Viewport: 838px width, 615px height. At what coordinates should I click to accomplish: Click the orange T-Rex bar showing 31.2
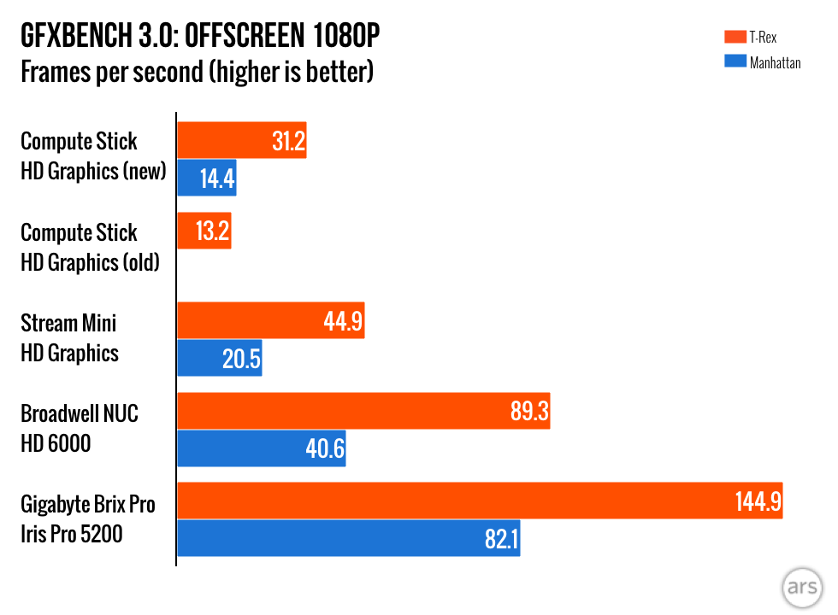pyautogui.click(x=241, y=140)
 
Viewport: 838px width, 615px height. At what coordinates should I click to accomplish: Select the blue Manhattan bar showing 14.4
pyautogui.click(x=206, y=178)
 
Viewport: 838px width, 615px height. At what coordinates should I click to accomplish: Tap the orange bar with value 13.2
pyautogui.click(x=204, y=231)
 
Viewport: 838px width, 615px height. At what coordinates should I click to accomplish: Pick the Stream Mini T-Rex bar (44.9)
pyautogui.click(x=270, y=320)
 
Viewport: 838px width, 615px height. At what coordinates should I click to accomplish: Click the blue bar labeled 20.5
pyautogui.click(x=219, y=358)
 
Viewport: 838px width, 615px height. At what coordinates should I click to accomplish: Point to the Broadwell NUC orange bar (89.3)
pyautogui.click(x=363, y=411)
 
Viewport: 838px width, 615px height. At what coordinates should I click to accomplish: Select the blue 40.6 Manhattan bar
pyautogui.click(x=261, y=448)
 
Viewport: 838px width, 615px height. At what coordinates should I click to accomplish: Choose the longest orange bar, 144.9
pyautogui.click(x=479, y=501)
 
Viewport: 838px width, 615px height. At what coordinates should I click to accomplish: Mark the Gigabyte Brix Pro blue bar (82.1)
pyautogui.click(x=348, y=538)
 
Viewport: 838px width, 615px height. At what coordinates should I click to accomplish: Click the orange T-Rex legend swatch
pyautogui.click(x=733, y=37)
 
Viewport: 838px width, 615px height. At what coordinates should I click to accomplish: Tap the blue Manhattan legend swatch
pyautogui.click(x=733, y=61)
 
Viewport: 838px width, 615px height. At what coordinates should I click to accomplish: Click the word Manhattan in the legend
pyautogui.click(x=775, y=62)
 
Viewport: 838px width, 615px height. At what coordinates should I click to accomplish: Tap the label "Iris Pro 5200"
pyautogui.click(x=72, y=535)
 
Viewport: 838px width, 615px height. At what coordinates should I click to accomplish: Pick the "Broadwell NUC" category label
pyautogui.click(x=79, y=413)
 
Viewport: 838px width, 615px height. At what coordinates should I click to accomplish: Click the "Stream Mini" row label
pyautogui.click(x=68, y=323)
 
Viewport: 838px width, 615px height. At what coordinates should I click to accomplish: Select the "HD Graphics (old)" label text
pyautogui.click(x=91, y=262)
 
